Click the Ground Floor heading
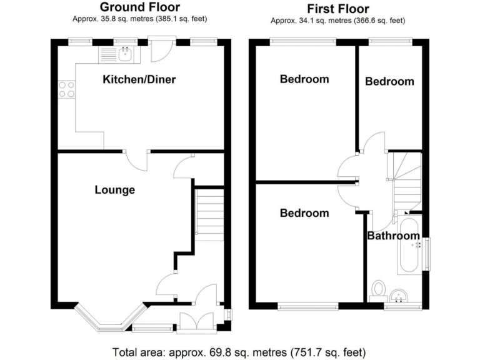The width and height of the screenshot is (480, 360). tap(140, 7)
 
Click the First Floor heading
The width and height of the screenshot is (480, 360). tap(337, 9)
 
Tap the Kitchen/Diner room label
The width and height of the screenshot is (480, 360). tap(139, 79)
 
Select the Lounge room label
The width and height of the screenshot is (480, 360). tap(114, 189)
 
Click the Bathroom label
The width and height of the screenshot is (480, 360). tap(392, 236)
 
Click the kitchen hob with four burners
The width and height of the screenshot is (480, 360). tap(66, 89)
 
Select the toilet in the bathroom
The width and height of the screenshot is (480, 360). tap(377, 289)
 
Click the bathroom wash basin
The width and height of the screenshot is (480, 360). tap(398, 295)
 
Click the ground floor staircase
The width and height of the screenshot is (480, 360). tap(210, 214)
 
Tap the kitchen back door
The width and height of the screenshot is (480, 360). tap(159, 52)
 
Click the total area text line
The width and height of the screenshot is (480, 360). tap(239, 351)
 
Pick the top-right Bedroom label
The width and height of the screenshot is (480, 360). tap(389, 81)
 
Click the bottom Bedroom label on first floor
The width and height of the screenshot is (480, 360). tap(304, 213)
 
